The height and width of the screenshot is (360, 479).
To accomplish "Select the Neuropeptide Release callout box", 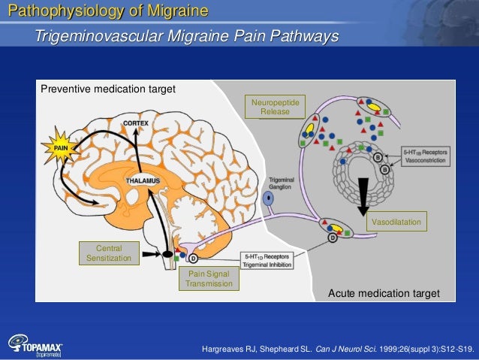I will (270, 107).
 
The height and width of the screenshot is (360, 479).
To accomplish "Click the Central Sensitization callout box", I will (109, 253).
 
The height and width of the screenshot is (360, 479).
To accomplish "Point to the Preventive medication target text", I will (108, 89).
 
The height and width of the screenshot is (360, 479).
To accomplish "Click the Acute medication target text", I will (384, 293).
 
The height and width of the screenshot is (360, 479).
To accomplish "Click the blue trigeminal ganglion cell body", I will (270, 199).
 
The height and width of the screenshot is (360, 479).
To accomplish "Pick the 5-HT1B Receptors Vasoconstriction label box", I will (426, 156).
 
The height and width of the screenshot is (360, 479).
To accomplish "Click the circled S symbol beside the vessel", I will (378, 156).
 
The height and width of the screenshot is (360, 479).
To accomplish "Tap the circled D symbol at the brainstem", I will (192, 259).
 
